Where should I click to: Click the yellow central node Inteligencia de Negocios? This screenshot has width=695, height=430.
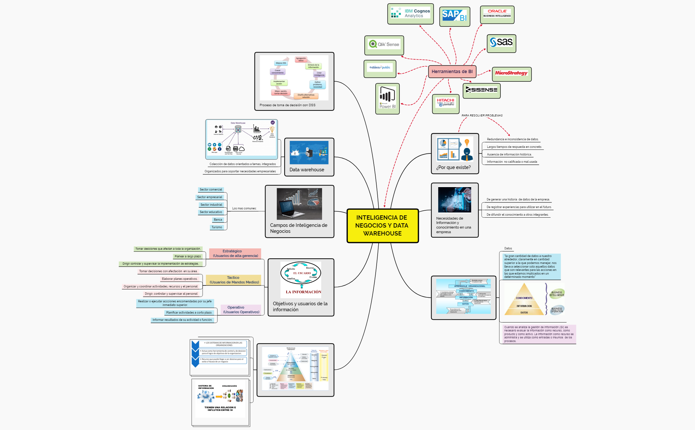(x=382, y=226)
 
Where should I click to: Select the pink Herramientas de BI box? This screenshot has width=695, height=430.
(x=452, y=71)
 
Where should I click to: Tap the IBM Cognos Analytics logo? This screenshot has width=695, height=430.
(x=410, y=14)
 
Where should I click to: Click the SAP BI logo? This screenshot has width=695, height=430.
(x=454, y=16)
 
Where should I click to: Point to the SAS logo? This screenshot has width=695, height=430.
(x=501, y=43)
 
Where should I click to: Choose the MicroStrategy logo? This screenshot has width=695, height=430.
(x=511, y=73)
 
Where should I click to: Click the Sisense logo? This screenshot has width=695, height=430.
(x=481, y=90)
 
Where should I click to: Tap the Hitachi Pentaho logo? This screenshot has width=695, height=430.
(x=445, y=103)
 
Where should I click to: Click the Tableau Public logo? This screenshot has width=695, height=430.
(x=380, y=68)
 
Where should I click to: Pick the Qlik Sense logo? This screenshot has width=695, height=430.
(x=384, y=45)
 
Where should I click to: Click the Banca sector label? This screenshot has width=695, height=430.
(x=218, y=220)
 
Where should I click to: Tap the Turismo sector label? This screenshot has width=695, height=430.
(x=217, y=227)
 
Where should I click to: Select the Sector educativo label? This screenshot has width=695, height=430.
(x=211, y=212)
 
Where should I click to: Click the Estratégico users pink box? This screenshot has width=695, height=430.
(x=235, y=253)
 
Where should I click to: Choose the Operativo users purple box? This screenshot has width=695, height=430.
(x=241, y=310)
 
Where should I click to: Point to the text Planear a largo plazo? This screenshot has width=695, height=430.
(x=188, y=256)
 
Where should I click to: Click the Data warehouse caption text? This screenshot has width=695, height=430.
(x=307, y=170)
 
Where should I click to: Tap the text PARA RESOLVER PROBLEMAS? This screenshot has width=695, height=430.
(x=482, y=115)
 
